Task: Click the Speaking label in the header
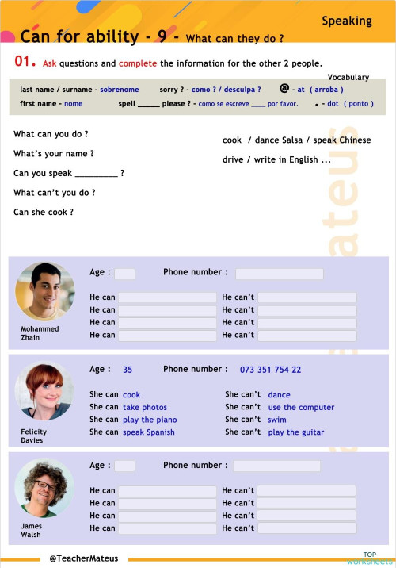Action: [347, 21]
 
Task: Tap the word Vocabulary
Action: [348, 77]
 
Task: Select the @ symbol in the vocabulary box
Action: [284, 89]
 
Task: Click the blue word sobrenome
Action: [119, 90]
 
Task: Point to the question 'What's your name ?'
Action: [54, 154]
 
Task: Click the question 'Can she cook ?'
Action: [44, 213]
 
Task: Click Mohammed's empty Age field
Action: [124, 274]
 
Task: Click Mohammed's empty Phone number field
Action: [279, 274]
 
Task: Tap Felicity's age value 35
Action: [128, 370]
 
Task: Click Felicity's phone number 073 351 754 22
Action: [270, 370]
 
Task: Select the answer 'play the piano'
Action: [150, 420]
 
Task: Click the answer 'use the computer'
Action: [301, 407]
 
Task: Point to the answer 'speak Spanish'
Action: [149, 432]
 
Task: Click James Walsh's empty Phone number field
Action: [276, 466]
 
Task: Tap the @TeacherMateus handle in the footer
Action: [83, 558]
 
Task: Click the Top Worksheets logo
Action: [369, 558]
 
